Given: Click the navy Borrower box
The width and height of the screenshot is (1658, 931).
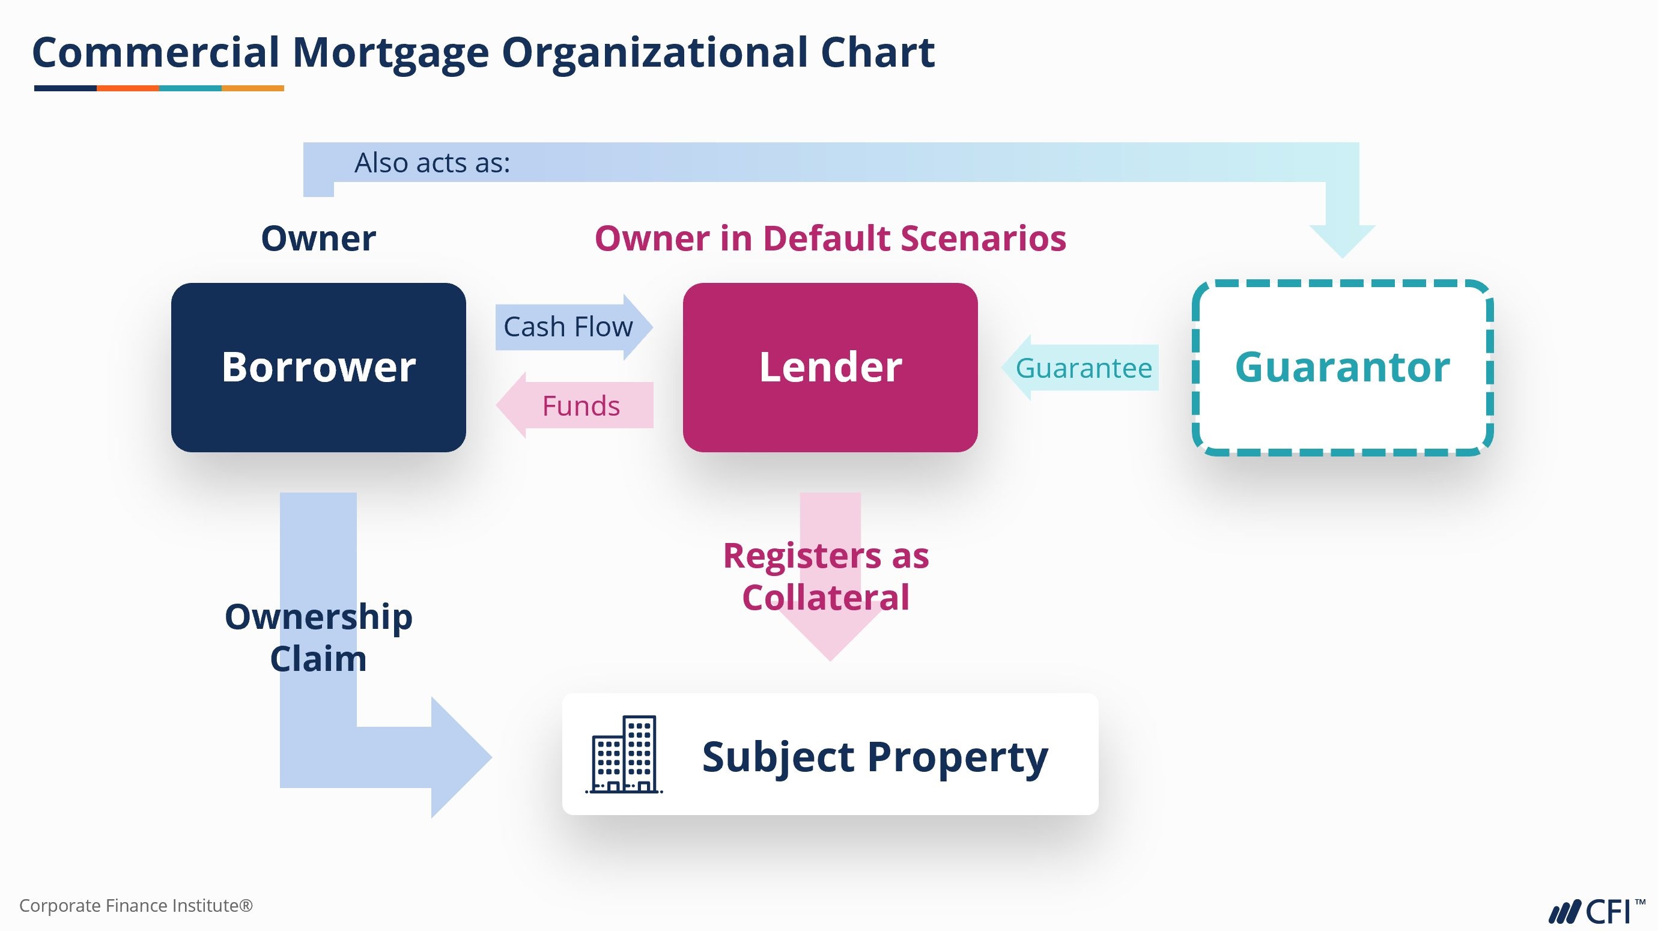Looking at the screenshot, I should (x=318, y=368).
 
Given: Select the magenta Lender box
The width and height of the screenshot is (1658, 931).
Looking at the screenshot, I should (x=830, y=368).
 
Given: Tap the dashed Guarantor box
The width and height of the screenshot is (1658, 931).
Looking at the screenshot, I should (x=1342, y=368).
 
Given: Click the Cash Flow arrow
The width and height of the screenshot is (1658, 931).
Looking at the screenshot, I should (x=569, y=327).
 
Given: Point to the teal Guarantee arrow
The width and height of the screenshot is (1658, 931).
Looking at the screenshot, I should (x=1081, y=368).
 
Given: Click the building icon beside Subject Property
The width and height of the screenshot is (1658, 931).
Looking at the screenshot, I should (x=624, y=754).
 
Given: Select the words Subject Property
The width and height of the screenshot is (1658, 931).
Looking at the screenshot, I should (x=875, y=757).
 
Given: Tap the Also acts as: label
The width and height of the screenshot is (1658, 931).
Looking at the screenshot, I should (x=432, y=163).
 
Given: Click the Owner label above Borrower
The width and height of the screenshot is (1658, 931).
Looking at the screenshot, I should (x=318, y=238).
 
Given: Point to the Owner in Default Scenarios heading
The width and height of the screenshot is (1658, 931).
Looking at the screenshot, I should (x=830, y=238).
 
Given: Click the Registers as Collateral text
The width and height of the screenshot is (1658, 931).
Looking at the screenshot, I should (x=826, y=577).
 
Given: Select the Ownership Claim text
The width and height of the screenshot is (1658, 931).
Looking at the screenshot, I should (x=318, y=638).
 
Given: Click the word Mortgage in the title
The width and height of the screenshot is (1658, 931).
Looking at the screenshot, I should (x=390, y=53).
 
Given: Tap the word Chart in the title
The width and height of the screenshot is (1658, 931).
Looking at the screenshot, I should (x=877, y=53).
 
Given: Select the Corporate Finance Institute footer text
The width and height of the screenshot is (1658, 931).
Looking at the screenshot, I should (x=136, y=906).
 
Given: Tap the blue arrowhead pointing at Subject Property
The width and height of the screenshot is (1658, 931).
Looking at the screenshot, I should (x=459, y=757).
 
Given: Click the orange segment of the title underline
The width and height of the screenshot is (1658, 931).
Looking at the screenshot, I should (x=127, y=88).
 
